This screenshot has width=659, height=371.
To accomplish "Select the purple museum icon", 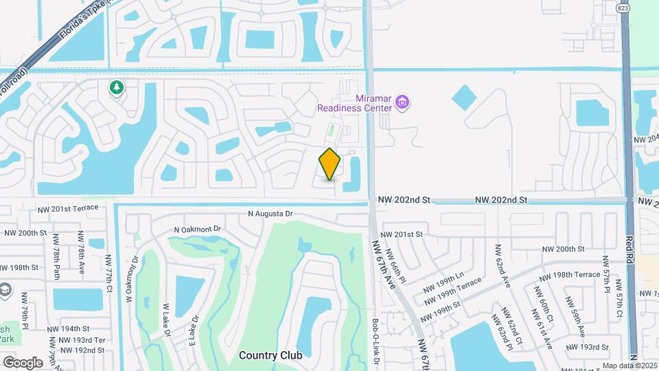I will click(402, 104).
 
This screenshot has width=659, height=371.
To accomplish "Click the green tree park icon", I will click(117, 88).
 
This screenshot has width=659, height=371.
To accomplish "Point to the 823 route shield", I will click(622, 8).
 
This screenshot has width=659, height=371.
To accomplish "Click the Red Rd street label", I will click(629, 251).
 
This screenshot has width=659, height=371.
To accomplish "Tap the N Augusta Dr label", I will click(270, 214).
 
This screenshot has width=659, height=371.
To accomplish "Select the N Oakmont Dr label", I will click(199, 229).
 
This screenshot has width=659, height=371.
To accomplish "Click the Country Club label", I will click(269, 355).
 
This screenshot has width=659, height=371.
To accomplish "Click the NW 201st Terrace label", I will click(68, 207).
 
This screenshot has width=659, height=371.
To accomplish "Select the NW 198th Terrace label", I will click(570, 275).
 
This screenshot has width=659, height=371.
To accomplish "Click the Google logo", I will click(23, 362).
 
